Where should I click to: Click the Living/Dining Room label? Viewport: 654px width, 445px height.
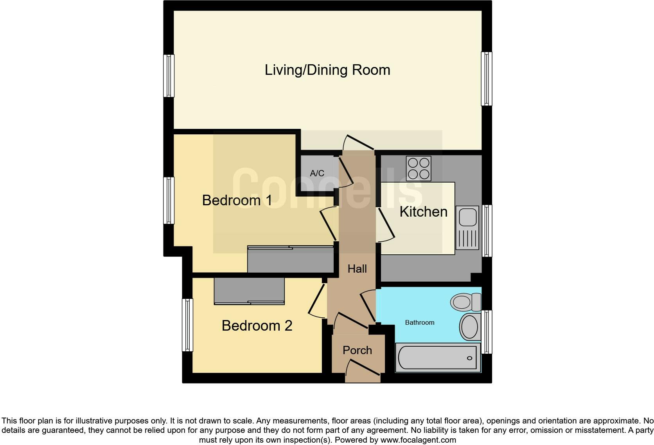click(327, 70)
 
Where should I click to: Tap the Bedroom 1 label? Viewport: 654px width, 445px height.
click(237, 200)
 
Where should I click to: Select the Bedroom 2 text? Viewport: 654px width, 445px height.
click(257, 326)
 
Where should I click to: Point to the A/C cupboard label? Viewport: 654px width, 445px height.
click(317, 173)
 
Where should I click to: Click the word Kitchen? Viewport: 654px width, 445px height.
click(423, 212)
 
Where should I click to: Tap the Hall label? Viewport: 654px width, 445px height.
click(357, 269)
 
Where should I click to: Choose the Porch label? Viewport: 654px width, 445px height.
click(357, 350)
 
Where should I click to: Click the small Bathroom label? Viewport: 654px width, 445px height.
click(419, 322)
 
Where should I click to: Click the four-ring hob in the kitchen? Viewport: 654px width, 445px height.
click(419, 168)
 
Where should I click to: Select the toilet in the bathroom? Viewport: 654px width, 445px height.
click(465, 302)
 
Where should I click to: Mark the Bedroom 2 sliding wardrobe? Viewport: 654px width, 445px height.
click(249, 291)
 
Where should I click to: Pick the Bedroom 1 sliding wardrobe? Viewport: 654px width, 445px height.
click(290, 259)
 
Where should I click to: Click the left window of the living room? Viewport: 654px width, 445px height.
click(169, 76)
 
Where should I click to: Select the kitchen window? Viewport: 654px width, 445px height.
click(487, 231)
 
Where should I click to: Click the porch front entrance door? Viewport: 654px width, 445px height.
click(363, 370)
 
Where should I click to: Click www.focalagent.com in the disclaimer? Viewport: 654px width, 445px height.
click(418, 440)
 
